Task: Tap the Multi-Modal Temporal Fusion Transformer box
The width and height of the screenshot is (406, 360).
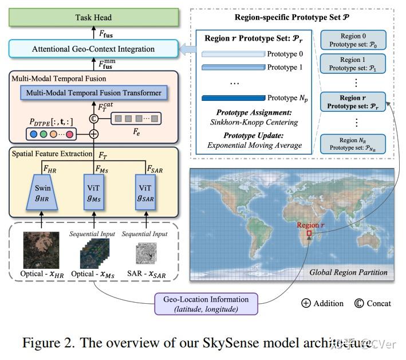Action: pos(93,92)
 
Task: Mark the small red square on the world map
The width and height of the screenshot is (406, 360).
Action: pos(309,234)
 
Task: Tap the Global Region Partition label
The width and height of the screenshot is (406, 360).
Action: pos(348,272)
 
